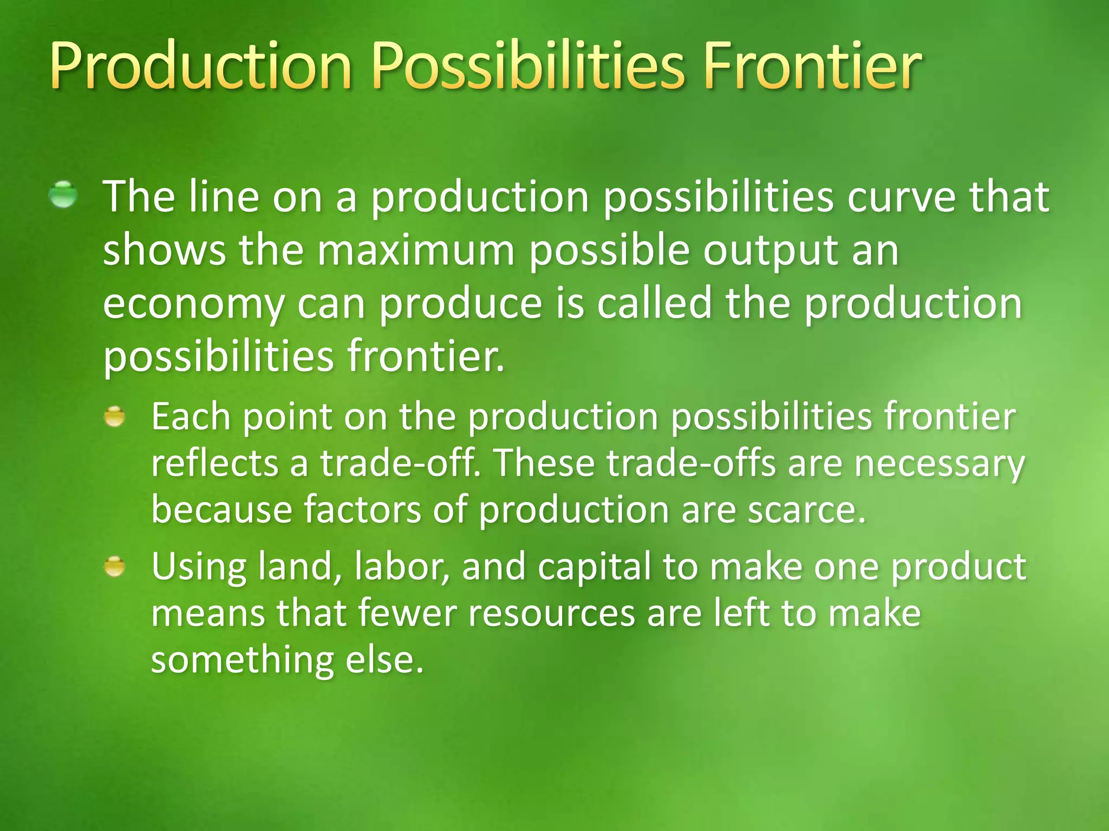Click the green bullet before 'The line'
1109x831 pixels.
click(x=63, y=195)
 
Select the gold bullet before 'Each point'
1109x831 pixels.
click(x=114, y=417)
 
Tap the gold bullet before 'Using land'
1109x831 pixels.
click(x=114, y=567)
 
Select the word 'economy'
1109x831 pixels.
click(x=193, y=304)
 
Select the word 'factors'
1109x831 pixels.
click(x=362, y=510)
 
